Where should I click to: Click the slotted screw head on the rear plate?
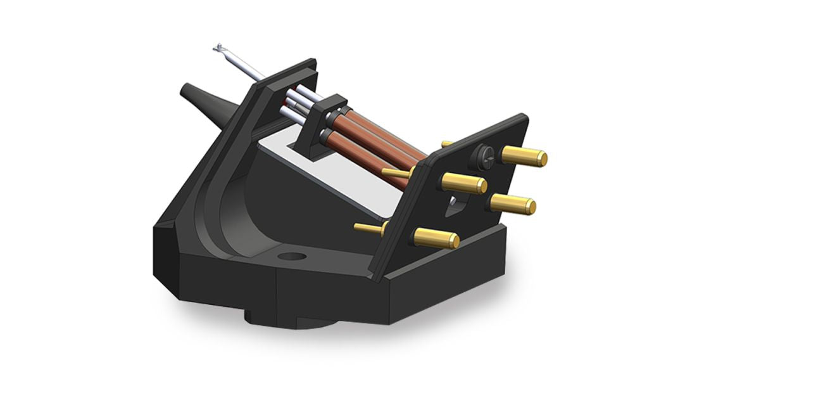point(484,156)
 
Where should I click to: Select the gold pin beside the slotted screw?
point(524,156)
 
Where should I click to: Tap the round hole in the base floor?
point(292,257)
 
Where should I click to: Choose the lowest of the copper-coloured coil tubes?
point(374,162)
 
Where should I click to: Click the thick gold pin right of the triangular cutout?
point(513,204)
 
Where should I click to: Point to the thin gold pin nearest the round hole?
point(368,228)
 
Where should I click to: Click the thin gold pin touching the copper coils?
point(396,173)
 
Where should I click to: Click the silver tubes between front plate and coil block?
point(298,105)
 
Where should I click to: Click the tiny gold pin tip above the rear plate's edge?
point(446,143)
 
